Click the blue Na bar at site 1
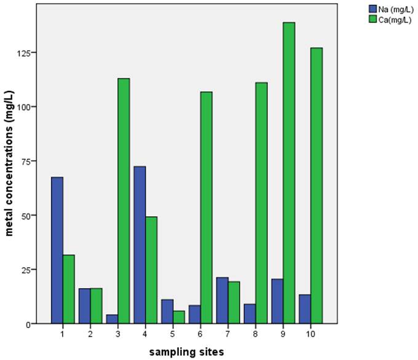click(x=57, y=250)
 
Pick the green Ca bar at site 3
click(x=123, y=200)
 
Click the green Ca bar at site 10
click(x=316, y=186)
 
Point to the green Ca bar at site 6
click(x=206, y=207)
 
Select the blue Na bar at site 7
click(x=222, y=300)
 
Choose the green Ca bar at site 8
click(x=261, y=203)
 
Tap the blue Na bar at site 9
click(x=277, y=301)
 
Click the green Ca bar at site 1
click(x=68, y=289)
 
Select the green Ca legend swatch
click(x=373, y=19)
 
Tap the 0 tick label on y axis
click(x=29, y=324)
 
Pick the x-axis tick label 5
click(x=173, y=334)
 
